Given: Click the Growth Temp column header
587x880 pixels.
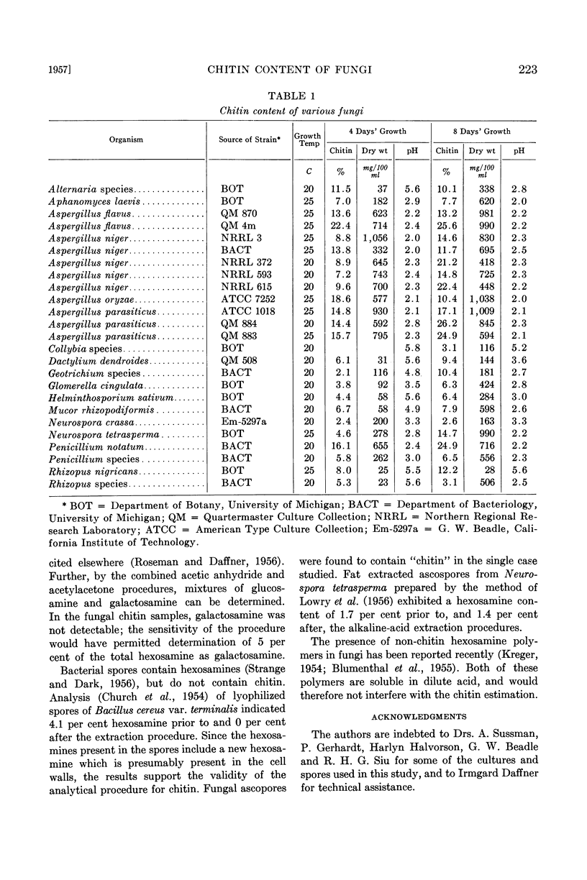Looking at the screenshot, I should [307, 139].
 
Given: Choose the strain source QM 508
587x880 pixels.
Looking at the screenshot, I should [237, 360].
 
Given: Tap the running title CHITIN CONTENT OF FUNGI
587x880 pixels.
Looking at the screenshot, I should [293, 70].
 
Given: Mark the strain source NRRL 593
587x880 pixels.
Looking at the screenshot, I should [241, 275].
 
